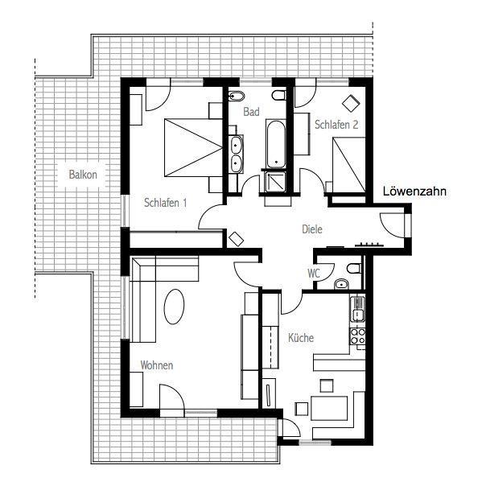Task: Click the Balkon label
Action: point(83,175)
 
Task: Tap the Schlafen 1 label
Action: point(166,203)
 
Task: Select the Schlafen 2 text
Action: point(336,125)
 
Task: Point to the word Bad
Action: point(251,112)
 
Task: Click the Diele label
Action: point(312,229)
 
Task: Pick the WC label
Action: point(314,274)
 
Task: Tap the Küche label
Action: point(301,337)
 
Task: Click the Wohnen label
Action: point(157,365)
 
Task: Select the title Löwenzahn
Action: point(414,192)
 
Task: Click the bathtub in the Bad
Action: point(275,144)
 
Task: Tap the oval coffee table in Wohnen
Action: point(174,307)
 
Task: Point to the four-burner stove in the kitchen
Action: point(358,336)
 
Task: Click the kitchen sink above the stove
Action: point(358,309)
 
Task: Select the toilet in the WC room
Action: point(355,268)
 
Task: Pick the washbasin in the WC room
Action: point(341,283)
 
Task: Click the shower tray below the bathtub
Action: point(275,182)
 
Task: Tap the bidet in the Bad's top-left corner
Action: point(237,97)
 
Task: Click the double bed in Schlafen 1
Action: point(193,147)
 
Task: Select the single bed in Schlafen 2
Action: point(349,165)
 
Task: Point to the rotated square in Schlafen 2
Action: point(351,103)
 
